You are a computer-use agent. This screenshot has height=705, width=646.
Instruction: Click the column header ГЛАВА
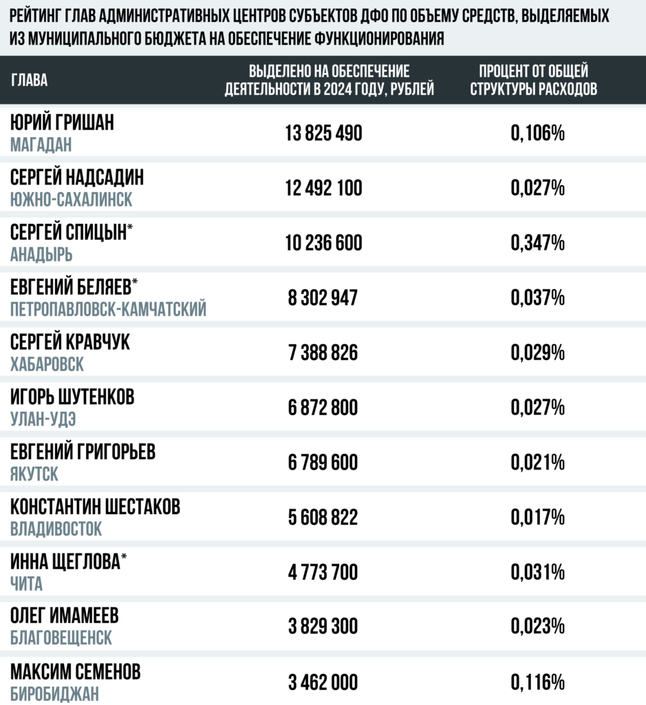[30, 81]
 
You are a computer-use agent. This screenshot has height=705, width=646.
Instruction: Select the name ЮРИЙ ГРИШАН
[63, 123]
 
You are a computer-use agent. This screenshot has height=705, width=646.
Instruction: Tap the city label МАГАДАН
[41, 145]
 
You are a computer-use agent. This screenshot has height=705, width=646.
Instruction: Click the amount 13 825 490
[323, 134]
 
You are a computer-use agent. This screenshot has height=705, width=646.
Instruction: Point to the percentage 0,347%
[538, 243]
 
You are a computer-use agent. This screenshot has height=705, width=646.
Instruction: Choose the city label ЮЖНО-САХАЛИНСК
[72, 200]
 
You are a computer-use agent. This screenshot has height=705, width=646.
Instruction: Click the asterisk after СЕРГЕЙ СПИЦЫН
[131, 230]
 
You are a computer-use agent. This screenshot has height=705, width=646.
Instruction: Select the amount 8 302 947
[323, 298]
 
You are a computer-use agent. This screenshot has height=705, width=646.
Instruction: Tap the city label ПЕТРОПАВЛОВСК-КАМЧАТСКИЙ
[109, 310]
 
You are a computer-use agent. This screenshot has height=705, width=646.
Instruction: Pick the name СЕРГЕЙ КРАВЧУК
[70, 342]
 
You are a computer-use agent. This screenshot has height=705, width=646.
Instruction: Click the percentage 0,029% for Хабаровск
[538, 353]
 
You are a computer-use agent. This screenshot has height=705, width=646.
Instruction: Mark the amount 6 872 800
[323, 408]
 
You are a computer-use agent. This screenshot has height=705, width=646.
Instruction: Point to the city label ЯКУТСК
[34, 474]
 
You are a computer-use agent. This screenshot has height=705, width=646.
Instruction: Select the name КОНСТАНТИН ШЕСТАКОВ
[96, 507]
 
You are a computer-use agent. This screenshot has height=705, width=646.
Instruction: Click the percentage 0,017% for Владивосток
[538, 518]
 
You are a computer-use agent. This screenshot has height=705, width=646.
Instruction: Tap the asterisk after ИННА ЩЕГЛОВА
[124, 560]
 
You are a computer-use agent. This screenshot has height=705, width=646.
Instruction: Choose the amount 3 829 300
[323, 627]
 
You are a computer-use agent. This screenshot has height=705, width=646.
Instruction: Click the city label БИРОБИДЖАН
[55, 694]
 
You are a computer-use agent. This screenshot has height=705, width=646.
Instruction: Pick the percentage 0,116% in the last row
[538, 682]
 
